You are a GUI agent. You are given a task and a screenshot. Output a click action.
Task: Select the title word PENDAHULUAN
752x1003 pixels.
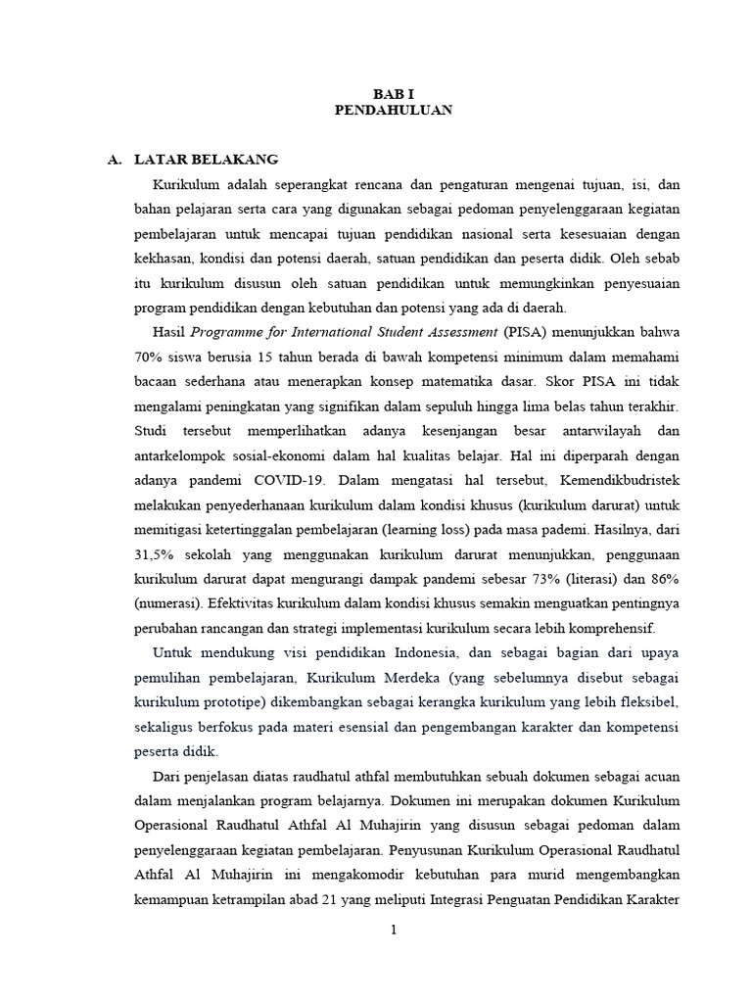[393, 111]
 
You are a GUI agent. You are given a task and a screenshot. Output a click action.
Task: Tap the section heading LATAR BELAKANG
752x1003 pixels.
[207, 159]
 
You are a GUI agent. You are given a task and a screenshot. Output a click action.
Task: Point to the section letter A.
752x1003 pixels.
[113, 159]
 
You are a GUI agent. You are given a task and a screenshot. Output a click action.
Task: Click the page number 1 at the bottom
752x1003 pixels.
[393, 931]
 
